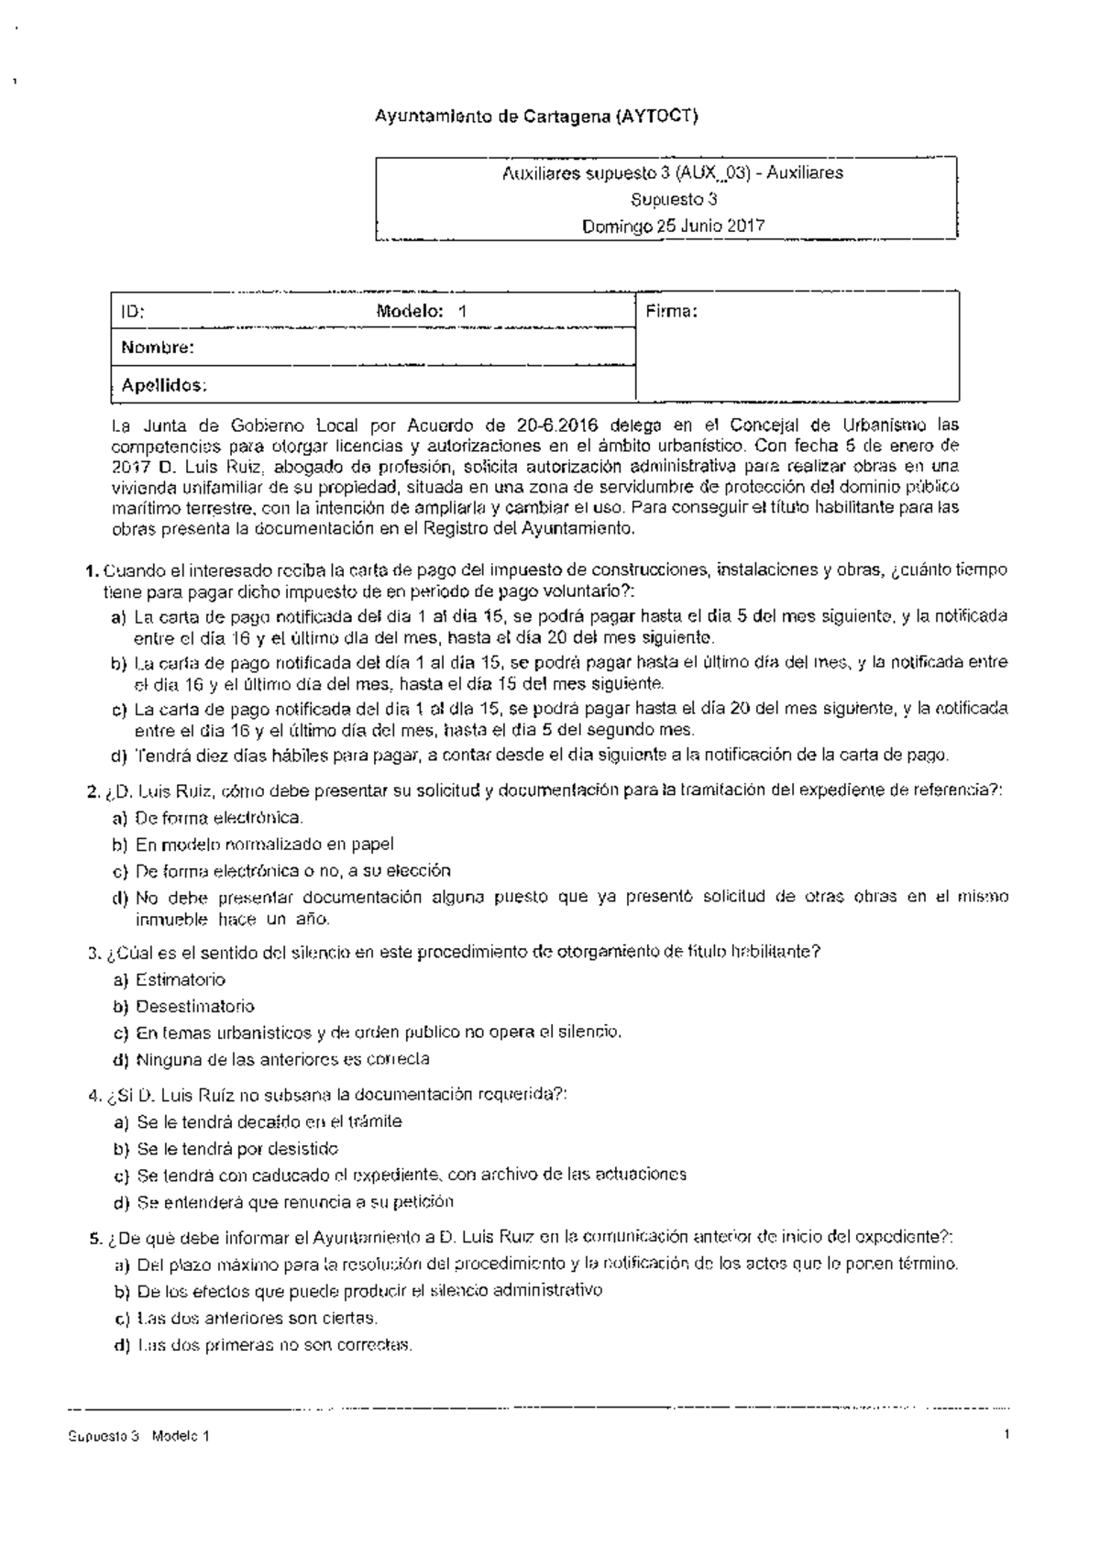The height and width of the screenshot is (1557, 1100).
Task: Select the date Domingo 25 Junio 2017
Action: tap(666, 225)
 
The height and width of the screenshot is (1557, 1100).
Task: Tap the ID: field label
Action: tap(133, 311)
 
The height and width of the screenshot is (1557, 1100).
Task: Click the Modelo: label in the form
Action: tap(410, 311)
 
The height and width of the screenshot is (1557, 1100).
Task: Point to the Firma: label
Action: tap(671, 311)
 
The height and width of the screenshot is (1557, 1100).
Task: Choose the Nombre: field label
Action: tap(158, 348)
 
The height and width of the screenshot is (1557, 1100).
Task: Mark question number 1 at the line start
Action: tap(92, 569)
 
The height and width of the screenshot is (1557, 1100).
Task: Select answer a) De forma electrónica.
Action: tap(218, 817)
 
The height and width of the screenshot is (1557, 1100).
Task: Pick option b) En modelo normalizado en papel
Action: tap(264, 844)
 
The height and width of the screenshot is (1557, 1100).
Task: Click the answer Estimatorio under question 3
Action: tap(180, 979)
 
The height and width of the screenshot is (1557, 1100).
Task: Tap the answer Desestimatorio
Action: tap(194, 1006)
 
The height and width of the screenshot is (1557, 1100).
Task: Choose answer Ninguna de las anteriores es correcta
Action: tap(282, 1059)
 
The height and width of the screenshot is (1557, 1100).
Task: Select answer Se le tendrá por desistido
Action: tap(236, 1148)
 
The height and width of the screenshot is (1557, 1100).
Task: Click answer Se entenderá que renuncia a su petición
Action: tap(294, 1201)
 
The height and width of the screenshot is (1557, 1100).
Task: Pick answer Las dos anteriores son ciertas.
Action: tap(257, 1318)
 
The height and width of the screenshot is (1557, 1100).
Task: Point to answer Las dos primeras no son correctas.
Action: tap(275, 1345)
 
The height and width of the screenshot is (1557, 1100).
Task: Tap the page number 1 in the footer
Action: tap(1006, 1435)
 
